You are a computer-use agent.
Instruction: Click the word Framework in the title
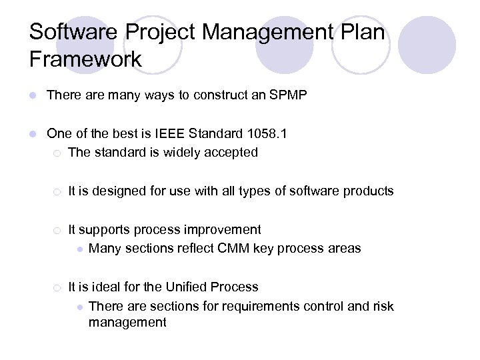(x=85, y=59)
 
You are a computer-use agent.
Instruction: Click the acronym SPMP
(x=288, y=95)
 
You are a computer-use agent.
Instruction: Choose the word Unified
(x=187, y=287)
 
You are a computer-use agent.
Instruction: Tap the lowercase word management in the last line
(x=127, y=323)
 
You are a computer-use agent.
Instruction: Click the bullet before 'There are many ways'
(x=33, y=96)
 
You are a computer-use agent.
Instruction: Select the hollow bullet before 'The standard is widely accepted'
(x=59, y=153)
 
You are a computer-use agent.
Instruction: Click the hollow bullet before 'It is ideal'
(x=59, y=288)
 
